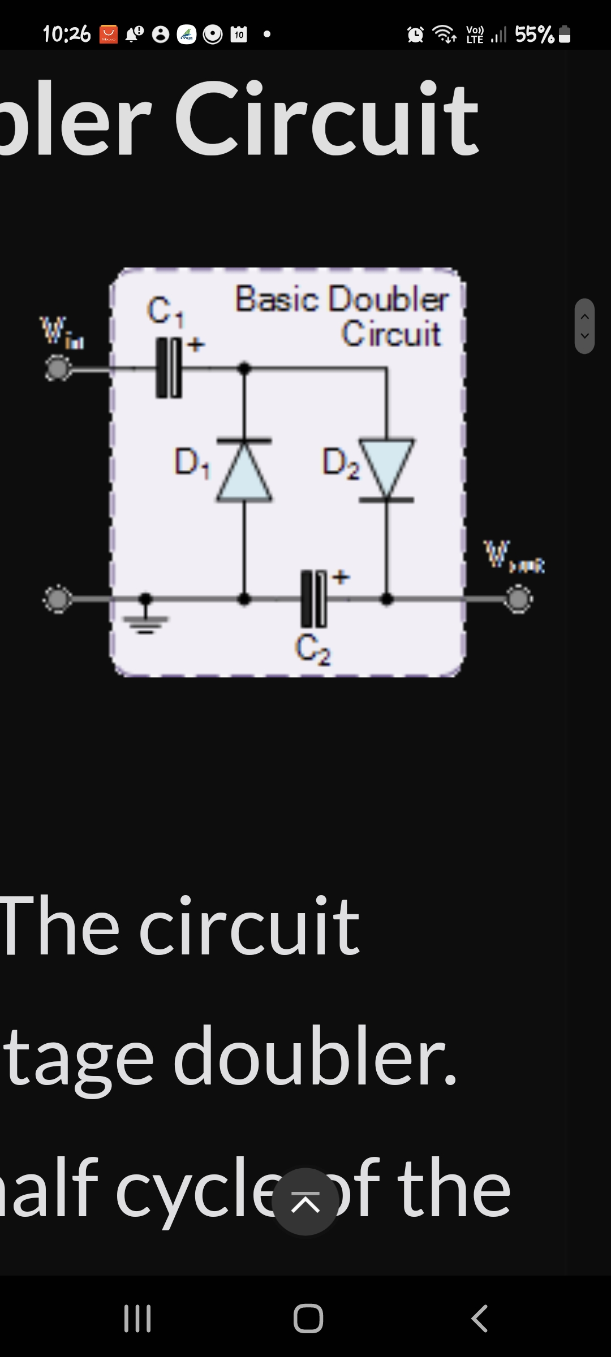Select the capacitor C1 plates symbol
click(169, 368)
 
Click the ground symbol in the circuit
click(146, 613)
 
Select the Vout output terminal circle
click(518, 599)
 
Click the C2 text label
click(313, 650)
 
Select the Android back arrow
click(479, 1319)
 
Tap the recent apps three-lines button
click(137, 1319)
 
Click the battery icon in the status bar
click(564, 35)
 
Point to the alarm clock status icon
click(416, 35)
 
